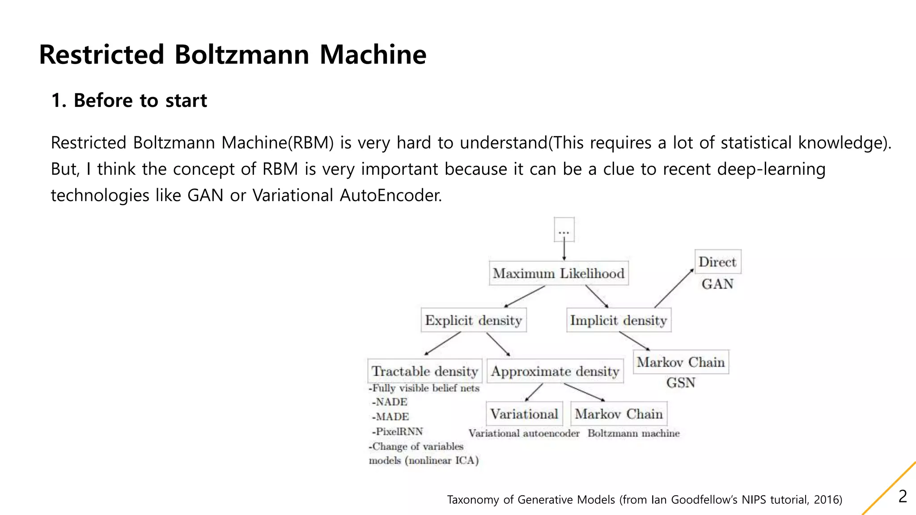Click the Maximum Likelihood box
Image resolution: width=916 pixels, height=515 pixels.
pos(559,273)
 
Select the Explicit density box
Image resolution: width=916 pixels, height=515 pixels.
pos(473,320)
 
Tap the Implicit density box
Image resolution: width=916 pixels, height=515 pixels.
pos(619,320)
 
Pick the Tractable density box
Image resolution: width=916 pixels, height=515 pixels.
pos(425,371)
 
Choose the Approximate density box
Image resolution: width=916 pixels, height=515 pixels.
pos(555,371)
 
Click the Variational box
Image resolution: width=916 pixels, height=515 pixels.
pos(524,414)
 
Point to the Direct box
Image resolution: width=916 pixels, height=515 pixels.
pos(717,262)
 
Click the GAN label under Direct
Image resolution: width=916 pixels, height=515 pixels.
pos(717,284)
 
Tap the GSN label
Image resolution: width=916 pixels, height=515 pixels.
pos(681,383)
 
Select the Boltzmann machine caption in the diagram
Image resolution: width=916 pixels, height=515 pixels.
pos(633,433)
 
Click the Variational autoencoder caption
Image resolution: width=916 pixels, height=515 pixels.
pos(524,433)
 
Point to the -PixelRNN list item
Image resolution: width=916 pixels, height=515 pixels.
pos(398,431)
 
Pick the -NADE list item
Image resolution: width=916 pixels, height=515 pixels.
pos(390,402)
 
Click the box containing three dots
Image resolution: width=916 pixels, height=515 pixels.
pos(564,230)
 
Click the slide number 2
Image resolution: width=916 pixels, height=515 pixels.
pos(903,497)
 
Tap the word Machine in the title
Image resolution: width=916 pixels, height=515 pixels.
pos(373,55)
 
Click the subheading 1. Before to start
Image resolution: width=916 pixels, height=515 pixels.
pos(129,101)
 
